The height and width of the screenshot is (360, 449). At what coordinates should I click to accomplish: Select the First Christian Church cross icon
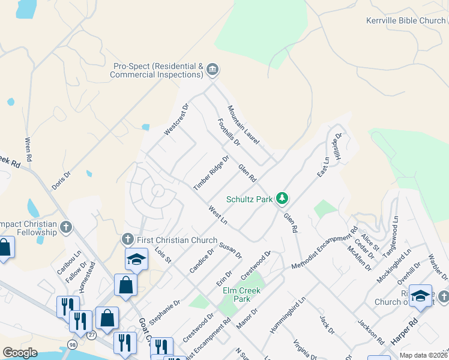pyautogui.click(x=127, y=240)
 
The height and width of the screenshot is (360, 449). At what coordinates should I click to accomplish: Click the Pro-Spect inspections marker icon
pyautogui.click(x=212, y=70)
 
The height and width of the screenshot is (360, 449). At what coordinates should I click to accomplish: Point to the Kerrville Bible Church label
pyautogui.click(x=406, y=20)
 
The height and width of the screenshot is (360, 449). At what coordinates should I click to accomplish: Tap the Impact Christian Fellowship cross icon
pyautogui.click(x=66, y=227)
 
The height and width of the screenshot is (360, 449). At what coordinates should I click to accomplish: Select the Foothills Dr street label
pyautogui.click(x=229, y=133)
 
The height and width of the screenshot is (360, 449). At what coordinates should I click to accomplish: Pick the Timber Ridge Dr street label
pyautogui.click(x=211, y=173)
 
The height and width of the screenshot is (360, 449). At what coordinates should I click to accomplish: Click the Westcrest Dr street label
pyautogui.click(x=177, y=119)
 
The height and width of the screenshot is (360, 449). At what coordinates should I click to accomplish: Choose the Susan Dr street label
pyautogui.click(x=231, y=251)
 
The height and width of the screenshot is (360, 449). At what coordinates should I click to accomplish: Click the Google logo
pyautogui.click(x=20, y=353)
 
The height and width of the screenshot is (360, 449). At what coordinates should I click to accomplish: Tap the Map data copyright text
pyautogui.click(x=423, y=355)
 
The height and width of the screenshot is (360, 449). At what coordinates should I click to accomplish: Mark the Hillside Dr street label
pyautogui.click(x=337, y=146)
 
